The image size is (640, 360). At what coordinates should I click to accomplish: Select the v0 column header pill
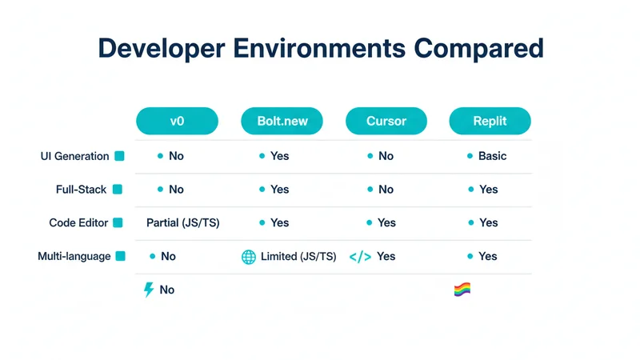pos(177,122)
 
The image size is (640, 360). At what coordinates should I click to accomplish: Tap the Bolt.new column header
pos(281,122)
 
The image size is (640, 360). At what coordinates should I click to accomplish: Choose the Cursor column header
pos(386,122)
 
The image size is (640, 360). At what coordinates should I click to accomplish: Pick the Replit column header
pos(490,122)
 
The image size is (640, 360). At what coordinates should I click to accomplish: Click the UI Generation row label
pos(74,156)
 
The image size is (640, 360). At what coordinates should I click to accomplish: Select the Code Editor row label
pos(78,223)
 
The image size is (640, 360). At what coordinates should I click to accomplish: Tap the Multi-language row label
pos(74,257)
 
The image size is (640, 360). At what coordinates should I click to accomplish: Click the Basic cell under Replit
pos(492,156)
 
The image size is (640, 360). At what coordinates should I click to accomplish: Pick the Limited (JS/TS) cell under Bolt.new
pos(298,257)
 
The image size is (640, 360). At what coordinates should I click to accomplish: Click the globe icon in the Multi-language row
pos(249,257)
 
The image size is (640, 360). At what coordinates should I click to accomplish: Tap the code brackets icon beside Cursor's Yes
pos(360,257)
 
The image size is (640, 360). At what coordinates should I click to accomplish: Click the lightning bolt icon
pos(148,290)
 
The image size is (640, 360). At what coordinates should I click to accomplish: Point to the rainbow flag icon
pos(462,290)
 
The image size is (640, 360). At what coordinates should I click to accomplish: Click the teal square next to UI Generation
pos(119,156)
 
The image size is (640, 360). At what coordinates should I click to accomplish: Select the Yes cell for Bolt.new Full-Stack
pos(279,190)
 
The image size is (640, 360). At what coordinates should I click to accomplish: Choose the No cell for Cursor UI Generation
pos(386,156)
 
